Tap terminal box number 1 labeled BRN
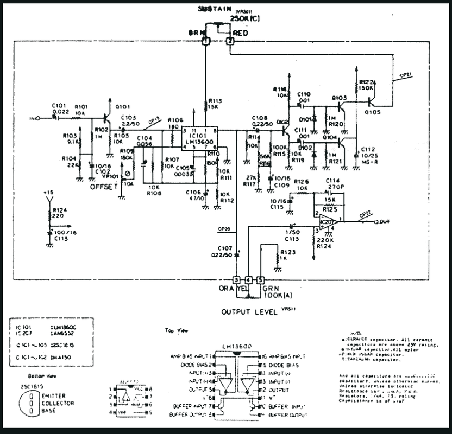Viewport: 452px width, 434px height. [x=205, y=41]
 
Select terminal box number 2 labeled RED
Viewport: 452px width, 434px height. [x=230, y=41]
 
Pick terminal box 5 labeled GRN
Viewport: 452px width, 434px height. [x=261, y=280]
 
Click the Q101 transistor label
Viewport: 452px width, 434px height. [x=123, y=106]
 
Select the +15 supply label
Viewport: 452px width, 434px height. [x=49, y=193]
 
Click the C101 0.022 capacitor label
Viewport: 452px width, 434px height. [x=60, y=108]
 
